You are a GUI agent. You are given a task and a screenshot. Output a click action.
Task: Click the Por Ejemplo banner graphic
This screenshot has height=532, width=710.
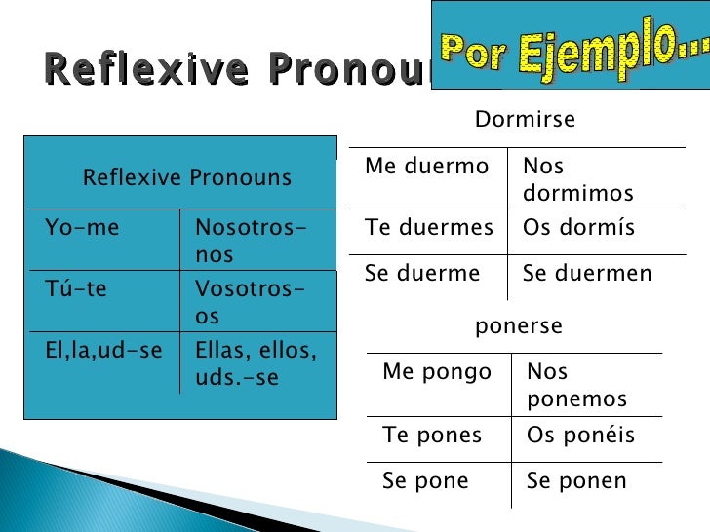pyautogui.click(x=570, y=45)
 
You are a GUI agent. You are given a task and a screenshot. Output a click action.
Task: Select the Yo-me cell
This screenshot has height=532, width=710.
pyautogui.click(x=82, y=228)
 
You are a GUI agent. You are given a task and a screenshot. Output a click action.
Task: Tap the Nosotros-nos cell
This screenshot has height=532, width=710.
pyautogui.click(x=250, y=241)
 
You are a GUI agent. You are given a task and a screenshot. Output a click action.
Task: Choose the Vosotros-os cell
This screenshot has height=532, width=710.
pyautogui.click(x=250, y=303)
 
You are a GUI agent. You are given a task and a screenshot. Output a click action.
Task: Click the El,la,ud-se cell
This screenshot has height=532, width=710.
pyautogui.click(x=103, y=351)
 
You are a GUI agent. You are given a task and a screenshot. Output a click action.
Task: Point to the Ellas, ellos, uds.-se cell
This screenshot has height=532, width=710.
pyautogui.click(x=256, y=363)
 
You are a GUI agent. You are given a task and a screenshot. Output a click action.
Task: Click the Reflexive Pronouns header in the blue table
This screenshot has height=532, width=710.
pyautogui.click(x=186, y=177)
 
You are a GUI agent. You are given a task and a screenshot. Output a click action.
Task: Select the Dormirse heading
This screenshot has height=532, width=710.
pyautogui.click(x=525, y=120)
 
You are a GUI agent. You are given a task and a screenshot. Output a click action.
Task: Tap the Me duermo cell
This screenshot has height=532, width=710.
pyautogui.click(x=426, y=167)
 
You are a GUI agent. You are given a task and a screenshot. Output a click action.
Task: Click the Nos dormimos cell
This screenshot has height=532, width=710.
pyautogui.click(x=577, y=179)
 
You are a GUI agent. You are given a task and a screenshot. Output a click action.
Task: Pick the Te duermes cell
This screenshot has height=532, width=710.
pyautogui.click(x=429, y=228)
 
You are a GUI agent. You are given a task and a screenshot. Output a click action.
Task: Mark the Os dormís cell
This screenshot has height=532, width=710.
pyautogui.click(x=578, y=228)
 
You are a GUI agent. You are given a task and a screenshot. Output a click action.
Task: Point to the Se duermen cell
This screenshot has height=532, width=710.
pyautogui.click(x=587, y=274)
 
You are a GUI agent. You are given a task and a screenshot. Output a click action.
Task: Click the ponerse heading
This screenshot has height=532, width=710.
pyautogui.click(x=518, y=326)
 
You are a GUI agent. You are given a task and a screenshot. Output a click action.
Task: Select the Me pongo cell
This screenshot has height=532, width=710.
pyautogui.click(x=437, y=372)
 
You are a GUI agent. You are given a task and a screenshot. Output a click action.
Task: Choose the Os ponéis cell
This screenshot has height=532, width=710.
pyautogui.click(x=580, y=435)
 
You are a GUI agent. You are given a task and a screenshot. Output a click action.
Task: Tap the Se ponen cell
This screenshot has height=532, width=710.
pyautogui.click(x=576, y=481)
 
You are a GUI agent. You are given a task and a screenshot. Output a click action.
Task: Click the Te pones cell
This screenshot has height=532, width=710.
pyautogui.click(x=432, y=435)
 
